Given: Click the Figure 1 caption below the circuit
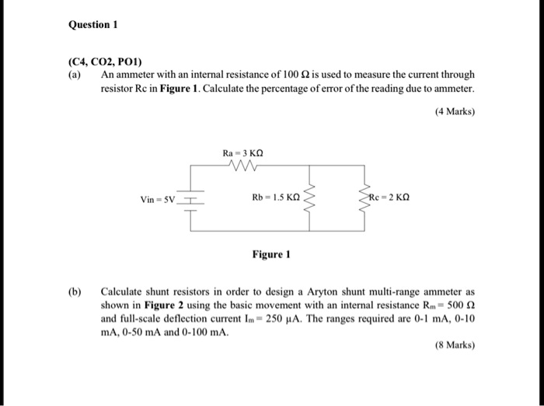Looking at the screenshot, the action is pos(271,254).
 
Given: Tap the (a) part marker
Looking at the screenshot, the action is pos(75,75).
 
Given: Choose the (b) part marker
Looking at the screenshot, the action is pos(75,292).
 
